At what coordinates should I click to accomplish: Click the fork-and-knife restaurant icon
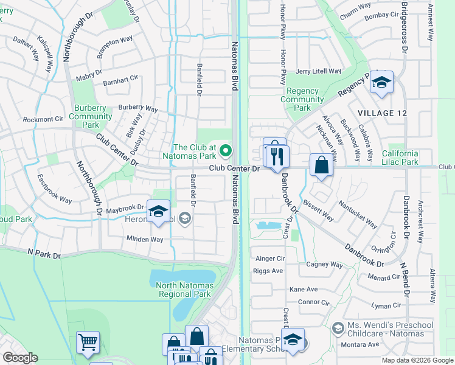tap(277, 156)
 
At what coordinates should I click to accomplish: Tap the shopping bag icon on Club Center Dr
tap(321, 165)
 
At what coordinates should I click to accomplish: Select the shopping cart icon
tap(88, 342)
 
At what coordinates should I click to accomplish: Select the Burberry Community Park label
tap(91, 116)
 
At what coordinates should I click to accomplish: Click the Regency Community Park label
tap(302, 99)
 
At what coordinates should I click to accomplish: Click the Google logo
tap(20, 358)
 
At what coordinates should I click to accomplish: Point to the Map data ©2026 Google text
tap(417, 360)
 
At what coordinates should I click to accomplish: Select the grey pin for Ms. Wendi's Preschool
tap(339, 328)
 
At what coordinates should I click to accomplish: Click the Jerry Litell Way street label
tap(318, 71)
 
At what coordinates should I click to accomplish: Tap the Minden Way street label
tap(145, 239)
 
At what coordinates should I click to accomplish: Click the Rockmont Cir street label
tap(43, 119)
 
